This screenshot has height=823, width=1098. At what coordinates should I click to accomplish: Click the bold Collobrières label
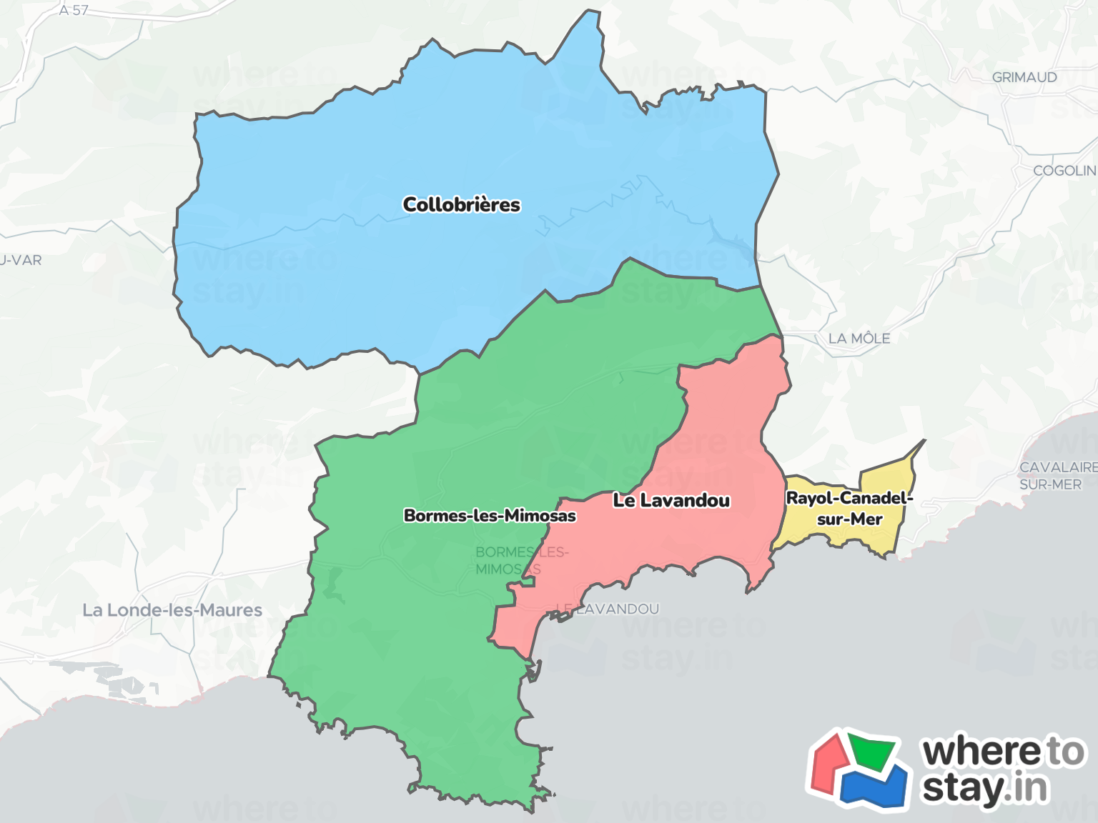click(462, 205)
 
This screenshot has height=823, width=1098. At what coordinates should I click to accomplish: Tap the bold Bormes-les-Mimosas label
click(490, 515)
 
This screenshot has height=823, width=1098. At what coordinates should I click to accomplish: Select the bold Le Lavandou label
click(671, 500)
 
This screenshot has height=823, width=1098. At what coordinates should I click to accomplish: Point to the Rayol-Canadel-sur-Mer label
click(849, 508)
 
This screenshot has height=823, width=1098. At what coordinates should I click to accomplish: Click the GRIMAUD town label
click(1024, 77)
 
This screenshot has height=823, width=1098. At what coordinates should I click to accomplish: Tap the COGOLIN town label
click(1064, 171)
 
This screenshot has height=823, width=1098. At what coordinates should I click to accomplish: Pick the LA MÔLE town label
click(859, 339)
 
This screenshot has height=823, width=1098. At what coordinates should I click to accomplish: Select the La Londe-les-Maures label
click(172, 610)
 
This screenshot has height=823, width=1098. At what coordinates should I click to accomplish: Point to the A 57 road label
click(74, 11)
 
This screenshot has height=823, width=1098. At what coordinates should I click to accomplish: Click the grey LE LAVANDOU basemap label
click(608, 609)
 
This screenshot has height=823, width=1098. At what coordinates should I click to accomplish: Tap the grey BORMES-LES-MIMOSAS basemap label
click(521, 561)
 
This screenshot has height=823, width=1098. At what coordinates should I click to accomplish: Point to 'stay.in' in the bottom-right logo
click(985, 789)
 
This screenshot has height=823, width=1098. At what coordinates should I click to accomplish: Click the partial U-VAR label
click(21, 260)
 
